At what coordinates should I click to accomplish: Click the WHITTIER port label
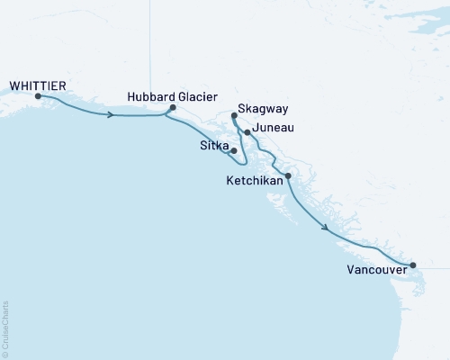point(37,85)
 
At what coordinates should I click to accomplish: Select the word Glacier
point(197,96)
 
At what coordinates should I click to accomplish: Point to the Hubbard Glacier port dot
point(173,108)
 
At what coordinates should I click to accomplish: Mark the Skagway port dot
point(234,116)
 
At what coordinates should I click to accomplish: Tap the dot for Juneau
point(247,132)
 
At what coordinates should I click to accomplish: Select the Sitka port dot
point(234,150)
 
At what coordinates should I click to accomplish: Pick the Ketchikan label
point(255,181)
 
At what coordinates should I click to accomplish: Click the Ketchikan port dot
point(288,176)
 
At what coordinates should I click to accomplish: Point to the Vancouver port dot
point(413,265)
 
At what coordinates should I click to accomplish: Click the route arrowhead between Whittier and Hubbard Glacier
point(110,115)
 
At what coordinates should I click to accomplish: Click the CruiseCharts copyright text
point(5,329)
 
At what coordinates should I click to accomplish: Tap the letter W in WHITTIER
point(13,85)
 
